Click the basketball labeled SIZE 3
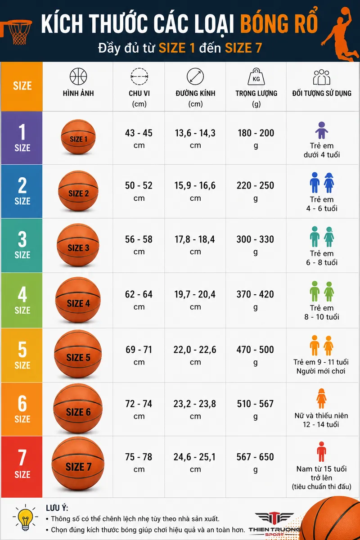[x=78, y=245]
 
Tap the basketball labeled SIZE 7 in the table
[x=78, y=463]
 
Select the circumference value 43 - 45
[x=139, y=133]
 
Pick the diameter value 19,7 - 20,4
[x=195, y=294]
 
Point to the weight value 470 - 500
[x=255, y=350]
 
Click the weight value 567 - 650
[x=255, y=457]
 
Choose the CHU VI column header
[x=139, y=93]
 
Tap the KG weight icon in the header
[x=256, y=76]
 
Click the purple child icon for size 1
[x=322, y=130]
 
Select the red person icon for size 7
[x=321, y=451]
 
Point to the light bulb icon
[x=25, y=517]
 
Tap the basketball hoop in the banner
[x=16, y=32]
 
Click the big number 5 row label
[x=22, y=349]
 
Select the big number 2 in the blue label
[x=22, y=185]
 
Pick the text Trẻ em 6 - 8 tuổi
[x=322, y=258]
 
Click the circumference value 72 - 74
[x=139, y=404]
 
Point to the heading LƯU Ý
[x=57, y=508]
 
